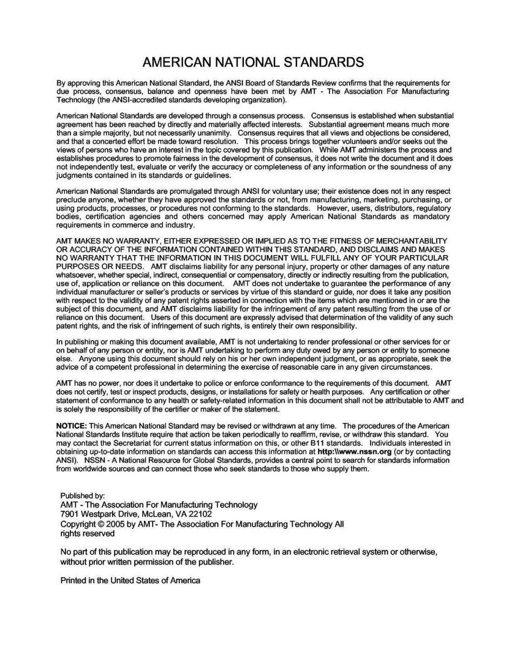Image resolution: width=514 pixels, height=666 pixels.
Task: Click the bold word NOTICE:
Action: point(71,426)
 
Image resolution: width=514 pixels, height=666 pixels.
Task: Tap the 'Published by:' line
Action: point(82,495)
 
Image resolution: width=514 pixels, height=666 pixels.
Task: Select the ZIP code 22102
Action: point(201,514)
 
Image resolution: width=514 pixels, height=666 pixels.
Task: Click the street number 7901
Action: point(70,514)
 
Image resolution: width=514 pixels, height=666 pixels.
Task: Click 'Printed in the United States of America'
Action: point(130,580)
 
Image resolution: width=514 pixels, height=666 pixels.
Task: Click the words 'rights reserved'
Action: point(87,533)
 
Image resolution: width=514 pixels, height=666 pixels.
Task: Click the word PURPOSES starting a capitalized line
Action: point(76,266)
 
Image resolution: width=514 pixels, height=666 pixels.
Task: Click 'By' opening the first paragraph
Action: point(61,83)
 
